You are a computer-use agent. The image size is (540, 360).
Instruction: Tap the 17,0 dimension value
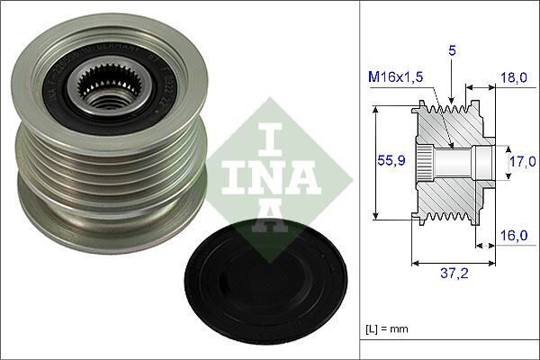(x=517, y=164)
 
